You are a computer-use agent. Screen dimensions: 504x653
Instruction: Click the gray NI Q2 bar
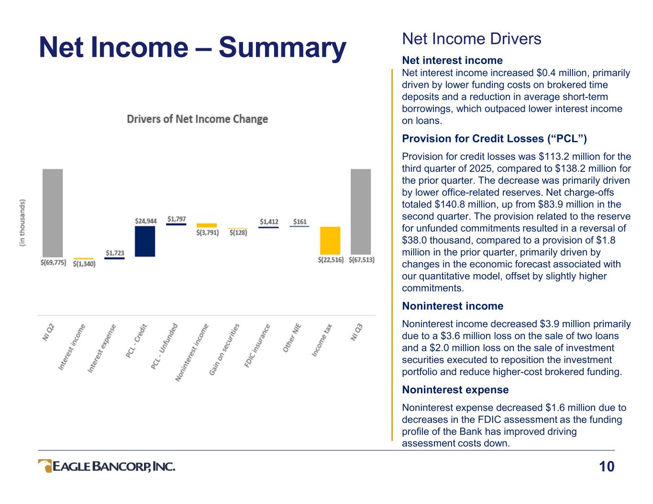click(x=53, y=213)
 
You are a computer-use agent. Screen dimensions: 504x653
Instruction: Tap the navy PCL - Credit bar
click(x=145, y=241)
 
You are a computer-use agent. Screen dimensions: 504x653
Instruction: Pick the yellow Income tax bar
click(x=330, y=240)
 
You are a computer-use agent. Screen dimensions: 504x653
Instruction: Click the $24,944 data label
click(x=145, y=221)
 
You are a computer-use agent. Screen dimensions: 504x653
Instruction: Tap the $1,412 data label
click(x=269, y=222)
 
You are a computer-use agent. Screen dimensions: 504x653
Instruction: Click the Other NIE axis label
click(x=292, y=339)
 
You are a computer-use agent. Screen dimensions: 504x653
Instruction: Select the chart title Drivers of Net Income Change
click(x=197, y=119)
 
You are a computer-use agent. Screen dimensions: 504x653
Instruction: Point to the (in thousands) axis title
click(x=22, y=223)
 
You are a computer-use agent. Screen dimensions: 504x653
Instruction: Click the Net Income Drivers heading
click(x=472, y=39)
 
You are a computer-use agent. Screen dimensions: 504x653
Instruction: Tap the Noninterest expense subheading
click(x=455, y=390)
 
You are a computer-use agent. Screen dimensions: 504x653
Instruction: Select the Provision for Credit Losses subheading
click(x=494, y=139)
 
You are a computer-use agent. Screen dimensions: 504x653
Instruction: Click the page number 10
click(x=607, y=466)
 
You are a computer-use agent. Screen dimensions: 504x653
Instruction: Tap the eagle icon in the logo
click(x=45, y=466)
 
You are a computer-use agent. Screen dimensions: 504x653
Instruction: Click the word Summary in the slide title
click(x=282, y=48)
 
